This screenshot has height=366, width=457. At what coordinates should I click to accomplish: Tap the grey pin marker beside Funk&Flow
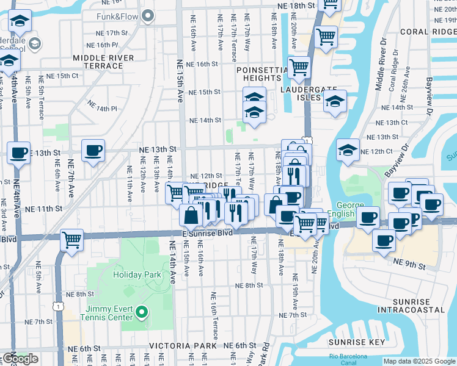coord(147,15)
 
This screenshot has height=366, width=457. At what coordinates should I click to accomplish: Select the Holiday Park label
coord(137,274)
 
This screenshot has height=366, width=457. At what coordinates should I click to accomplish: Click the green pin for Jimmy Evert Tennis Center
coord(142,314)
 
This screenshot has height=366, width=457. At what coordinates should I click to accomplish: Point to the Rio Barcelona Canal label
coord(348,359)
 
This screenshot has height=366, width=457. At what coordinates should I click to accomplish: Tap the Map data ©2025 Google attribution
coord(419,361)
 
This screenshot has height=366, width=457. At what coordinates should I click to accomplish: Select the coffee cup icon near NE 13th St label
coord(93,150)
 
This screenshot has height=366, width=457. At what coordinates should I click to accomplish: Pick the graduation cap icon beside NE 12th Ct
coord(347,150)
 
